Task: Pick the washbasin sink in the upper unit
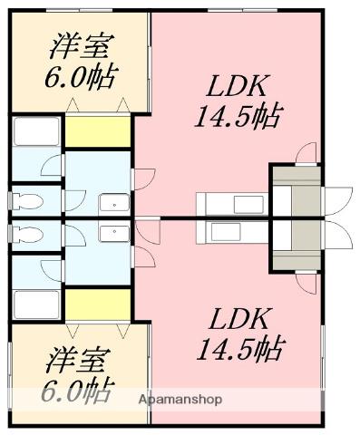pos(112,203)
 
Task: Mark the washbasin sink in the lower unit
pos(112,232)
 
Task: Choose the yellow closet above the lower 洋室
pos(98,303)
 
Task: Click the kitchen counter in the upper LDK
pos(230,201)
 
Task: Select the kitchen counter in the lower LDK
pos(230,233)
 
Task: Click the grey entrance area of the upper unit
pos(295,191)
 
